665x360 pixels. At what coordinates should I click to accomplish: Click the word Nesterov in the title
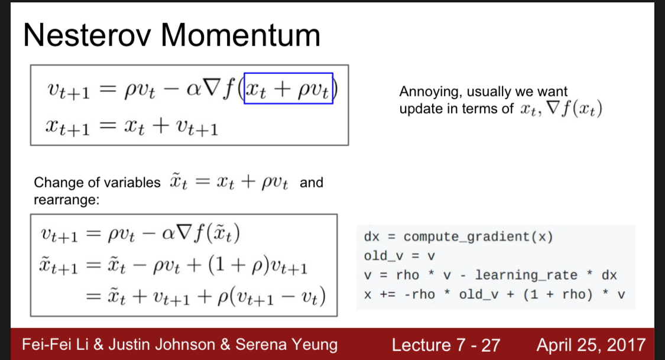click(87, 35)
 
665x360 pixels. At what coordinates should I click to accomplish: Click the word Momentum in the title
click(241, 35)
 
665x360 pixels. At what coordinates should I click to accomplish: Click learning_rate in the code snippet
click(526, 275)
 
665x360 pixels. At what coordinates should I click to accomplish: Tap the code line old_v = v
click(400, 256)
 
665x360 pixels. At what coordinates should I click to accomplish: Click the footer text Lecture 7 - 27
click(446, 345)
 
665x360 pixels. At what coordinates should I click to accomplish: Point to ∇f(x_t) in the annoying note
click(574, 109)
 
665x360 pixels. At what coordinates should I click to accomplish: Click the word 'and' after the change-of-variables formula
click(312, 183)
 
